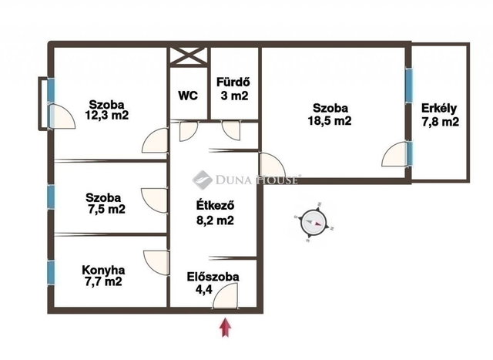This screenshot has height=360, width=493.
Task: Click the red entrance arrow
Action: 226,328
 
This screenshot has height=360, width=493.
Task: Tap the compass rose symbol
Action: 314,223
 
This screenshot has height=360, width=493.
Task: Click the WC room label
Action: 188,95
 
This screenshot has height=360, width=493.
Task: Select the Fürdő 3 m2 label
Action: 234,89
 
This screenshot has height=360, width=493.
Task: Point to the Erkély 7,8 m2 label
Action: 440,115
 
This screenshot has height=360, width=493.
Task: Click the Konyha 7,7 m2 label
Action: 103,275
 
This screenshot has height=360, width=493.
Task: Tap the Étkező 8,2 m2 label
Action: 216,213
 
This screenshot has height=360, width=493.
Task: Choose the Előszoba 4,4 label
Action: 213,283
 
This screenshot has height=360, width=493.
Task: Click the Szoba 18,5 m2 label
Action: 330,114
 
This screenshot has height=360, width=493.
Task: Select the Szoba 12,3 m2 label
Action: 107,109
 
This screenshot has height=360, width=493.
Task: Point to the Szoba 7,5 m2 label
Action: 105,204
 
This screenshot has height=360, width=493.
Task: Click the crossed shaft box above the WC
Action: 189,56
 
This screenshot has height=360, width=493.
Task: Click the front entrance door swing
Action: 226,296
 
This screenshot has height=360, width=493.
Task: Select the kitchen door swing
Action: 156,262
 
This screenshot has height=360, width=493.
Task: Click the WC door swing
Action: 188,131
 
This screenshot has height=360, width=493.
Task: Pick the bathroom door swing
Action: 231,130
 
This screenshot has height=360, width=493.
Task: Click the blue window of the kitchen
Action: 51,273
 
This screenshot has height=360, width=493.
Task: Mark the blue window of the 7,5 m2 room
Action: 51,197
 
